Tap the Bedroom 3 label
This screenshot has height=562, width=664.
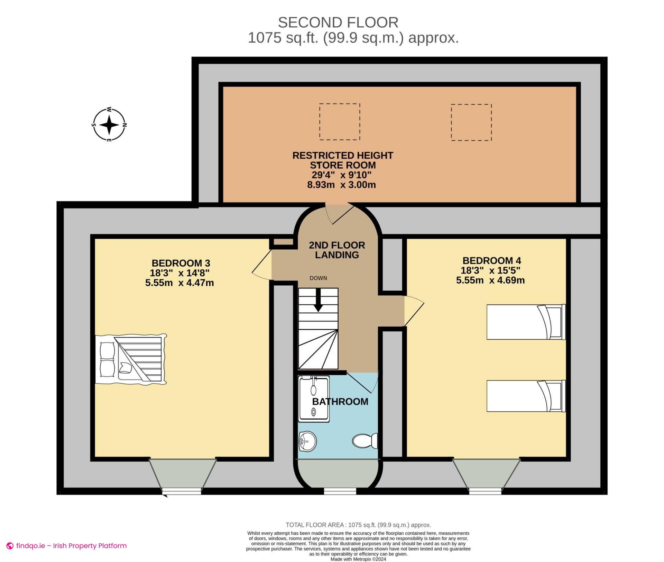point(181,263)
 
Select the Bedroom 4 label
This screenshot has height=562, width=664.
point(491,260)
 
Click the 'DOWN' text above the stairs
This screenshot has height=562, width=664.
point(318,278)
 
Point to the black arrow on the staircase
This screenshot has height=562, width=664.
point(318,301)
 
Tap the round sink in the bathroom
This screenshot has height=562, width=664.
point(307,441)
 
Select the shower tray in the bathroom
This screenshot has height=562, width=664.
point(314,399)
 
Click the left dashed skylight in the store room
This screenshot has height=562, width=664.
point(339,122)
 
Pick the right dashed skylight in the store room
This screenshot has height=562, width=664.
point(471,122)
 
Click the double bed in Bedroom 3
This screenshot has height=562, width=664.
point(131,359)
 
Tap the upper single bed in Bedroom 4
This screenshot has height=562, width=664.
point(526,322)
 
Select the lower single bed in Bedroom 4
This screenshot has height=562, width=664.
point(526,396)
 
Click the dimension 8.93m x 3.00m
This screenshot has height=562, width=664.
point(341,185)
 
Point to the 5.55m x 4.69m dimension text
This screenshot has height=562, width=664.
point(490,280)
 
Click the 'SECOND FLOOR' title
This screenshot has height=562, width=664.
point(338,23)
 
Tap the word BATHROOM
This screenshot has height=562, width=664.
point(340,402)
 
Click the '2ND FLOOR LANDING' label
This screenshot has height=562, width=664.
point(337,250)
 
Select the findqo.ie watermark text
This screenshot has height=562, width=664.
point(71,546)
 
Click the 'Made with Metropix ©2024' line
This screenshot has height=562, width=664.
point(358,559)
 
